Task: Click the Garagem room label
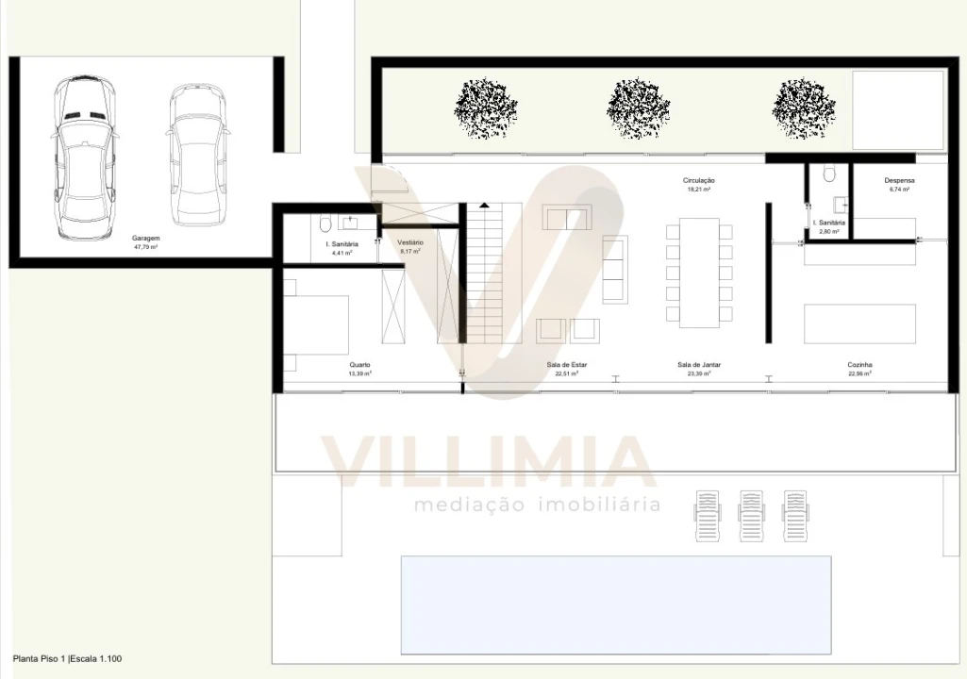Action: click(146, 239)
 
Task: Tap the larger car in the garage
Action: click(85, 157)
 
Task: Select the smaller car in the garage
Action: click(197, 152)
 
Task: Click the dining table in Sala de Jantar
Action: click(699, 273)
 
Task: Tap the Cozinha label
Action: click(859, 364)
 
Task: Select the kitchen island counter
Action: click(859, 323)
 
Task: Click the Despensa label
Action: click(899, 180)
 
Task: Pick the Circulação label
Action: click(699, 180)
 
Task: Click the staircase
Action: click(492, 273)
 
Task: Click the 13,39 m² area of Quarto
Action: click(359, 373)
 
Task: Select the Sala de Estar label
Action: click(566, 364)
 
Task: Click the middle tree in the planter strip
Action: click(638, 107)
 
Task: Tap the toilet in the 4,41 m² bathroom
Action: click(325, 224)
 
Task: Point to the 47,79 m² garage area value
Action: click(146, 247)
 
